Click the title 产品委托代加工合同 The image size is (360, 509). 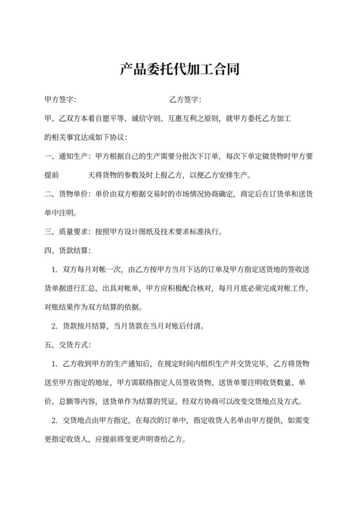[180, 69]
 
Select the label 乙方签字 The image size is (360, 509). [185, 100]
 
